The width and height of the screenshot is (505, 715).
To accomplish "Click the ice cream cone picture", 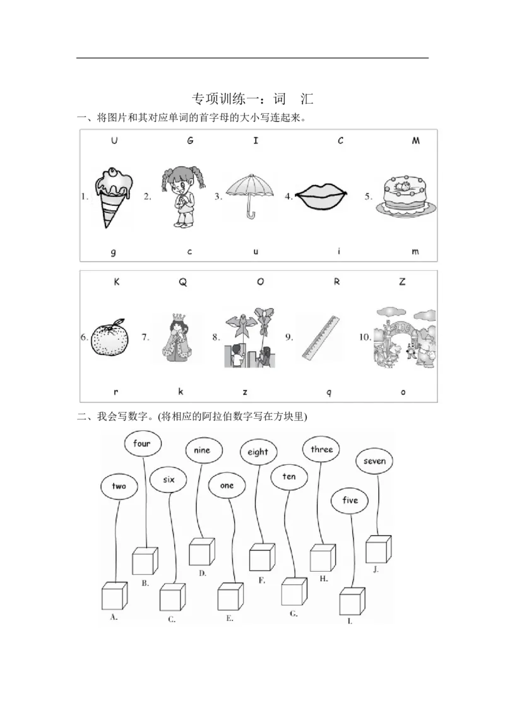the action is pos(113,197).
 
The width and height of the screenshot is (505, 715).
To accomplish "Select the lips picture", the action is pos(321,196).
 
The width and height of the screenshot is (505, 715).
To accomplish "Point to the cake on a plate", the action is pos(406,195).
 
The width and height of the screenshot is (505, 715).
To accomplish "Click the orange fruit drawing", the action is pos(110,337).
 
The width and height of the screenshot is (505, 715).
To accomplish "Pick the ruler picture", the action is pos(321,337).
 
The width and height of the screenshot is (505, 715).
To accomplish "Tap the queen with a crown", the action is pos(177,337).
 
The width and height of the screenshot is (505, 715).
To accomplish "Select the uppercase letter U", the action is pos(114,140).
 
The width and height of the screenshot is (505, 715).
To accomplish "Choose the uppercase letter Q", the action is pos(183,282).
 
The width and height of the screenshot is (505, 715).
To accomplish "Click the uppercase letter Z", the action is pos(402,282).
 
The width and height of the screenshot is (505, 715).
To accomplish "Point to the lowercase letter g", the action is pos(113,252).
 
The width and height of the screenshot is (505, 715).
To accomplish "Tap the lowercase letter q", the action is pos(329,393).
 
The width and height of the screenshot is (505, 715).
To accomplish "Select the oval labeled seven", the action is pos(374,461).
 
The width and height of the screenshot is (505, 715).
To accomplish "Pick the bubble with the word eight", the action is pos(258,452).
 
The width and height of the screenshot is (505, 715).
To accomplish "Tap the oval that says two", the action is pos(119,486).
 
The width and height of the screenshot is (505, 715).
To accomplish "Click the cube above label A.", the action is pos(114,596).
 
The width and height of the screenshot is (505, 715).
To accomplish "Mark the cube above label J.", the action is pos(379,549).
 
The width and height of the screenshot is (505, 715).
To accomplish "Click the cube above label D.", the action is pos(202,552).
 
